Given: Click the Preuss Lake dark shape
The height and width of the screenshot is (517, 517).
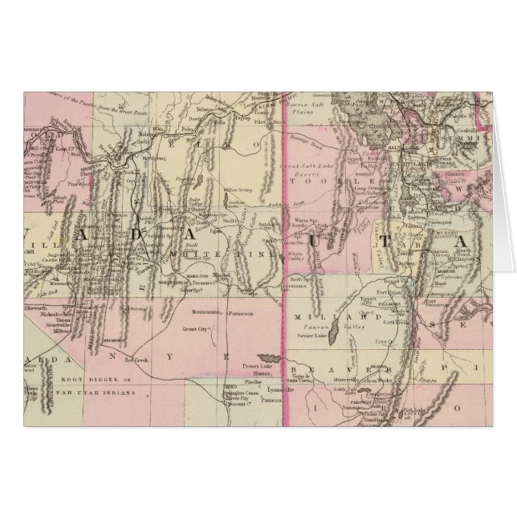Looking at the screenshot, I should click(266, 357).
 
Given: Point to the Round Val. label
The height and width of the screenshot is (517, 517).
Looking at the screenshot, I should click(393, 283).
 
